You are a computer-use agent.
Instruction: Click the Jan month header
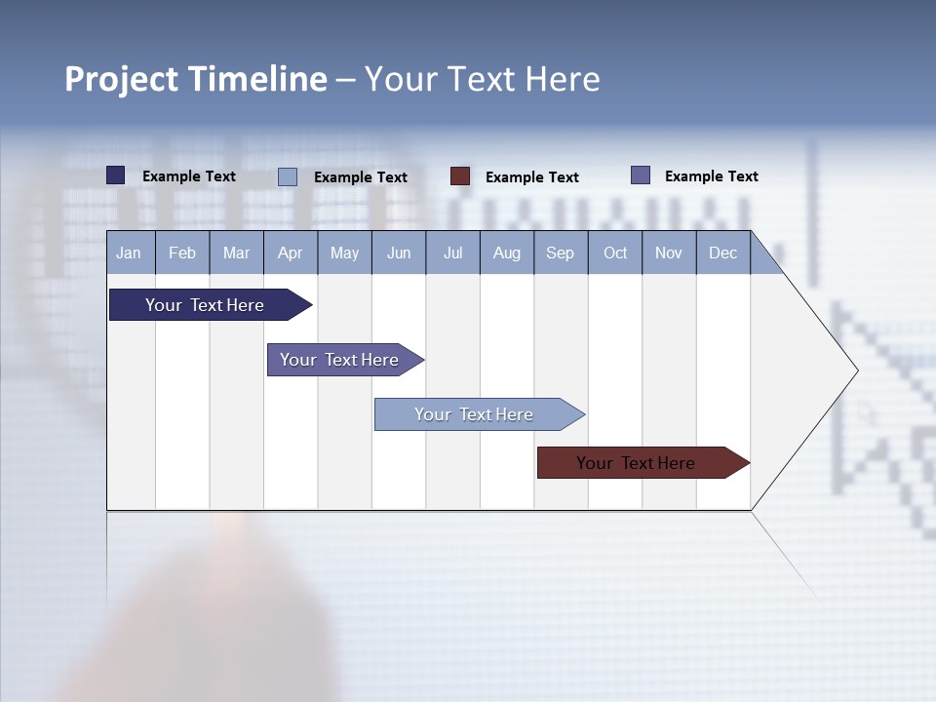point(130,253)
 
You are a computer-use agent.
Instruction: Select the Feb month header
point(182,253)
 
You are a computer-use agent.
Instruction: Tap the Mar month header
point(236,253)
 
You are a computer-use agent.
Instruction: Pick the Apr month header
point(290,253)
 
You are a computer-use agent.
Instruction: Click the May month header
point(344,253)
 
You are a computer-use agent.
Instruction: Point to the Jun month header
point(399,253)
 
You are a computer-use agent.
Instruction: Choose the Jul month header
point(452,253)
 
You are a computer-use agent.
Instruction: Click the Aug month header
point(506,253)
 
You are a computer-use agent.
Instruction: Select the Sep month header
point(560,253)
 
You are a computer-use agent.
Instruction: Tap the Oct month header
point(615,253)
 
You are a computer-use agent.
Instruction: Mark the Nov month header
point(669,253)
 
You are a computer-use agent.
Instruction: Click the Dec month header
point(722,253)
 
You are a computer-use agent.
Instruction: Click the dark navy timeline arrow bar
point(206,305)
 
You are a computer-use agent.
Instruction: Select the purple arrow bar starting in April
point(340,360)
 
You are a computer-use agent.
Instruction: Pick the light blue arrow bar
point(475,414)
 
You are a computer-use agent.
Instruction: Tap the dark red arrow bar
point(637,463)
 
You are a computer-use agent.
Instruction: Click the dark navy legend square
point(116,175)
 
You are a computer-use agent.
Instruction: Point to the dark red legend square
point(460,176)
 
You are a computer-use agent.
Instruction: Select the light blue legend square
point(288,176)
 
